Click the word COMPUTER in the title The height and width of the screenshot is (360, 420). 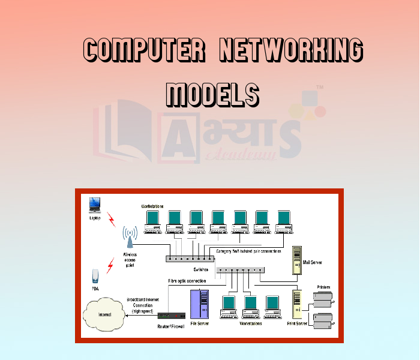142,50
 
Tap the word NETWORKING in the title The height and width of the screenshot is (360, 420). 291,50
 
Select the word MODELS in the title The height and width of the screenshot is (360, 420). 212,94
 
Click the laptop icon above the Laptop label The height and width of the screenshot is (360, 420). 95,205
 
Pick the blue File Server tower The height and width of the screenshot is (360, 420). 199,305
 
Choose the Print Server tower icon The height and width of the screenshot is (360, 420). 298,304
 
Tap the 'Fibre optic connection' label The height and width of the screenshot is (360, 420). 192,281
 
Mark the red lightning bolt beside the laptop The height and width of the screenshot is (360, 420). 111,219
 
